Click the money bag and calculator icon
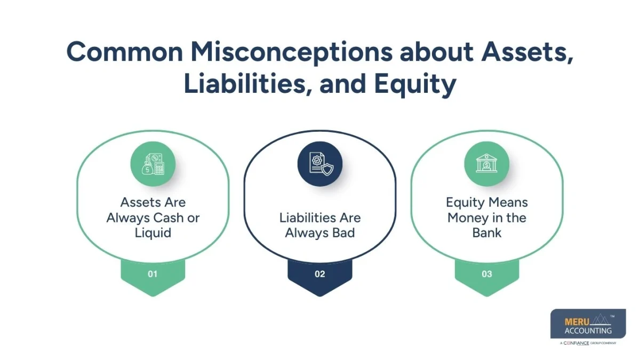[153, 164]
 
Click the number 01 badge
[153, 274]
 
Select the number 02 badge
[319, 274]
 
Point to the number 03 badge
[486, 274]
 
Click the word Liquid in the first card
[153, 233]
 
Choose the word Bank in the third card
[486, 233]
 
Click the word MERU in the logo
[575, 322]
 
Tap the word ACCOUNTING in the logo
[588, 331]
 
